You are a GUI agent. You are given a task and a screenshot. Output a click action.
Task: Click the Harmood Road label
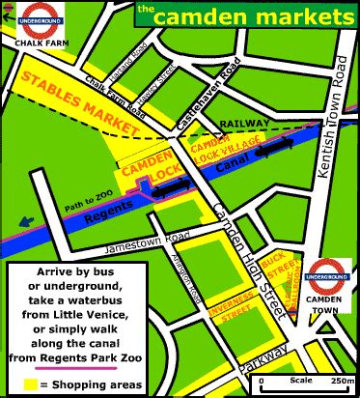(x=124, y=60)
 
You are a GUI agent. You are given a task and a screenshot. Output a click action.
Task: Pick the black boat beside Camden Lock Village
(x=277, y=147)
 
